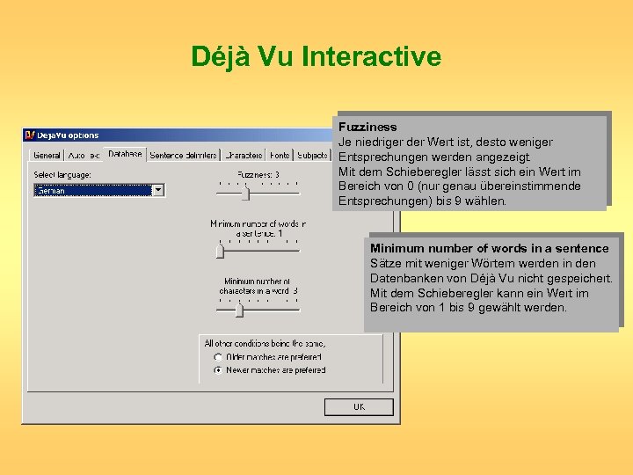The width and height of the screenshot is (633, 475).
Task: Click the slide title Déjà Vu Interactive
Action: coord(316,57)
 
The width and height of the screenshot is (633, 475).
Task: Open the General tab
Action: coord(47,156)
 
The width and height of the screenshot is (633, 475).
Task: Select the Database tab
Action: coord(125,154)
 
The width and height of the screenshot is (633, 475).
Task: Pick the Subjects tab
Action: coord(312,156)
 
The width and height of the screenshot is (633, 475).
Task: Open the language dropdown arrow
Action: coord(158,189)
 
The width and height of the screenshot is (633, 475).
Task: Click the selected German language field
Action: coord(92,189)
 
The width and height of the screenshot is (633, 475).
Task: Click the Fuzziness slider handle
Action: coord(246,194)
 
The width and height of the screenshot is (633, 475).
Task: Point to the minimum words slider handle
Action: coord(220,252)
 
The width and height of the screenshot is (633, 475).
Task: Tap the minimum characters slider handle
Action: coord(238,309)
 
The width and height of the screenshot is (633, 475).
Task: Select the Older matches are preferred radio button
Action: coord(218,357)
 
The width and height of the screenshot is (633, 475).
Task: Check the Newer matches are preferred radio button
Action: coord(218,370)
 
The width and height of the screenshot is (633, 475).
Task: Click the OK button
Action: coord(359,407)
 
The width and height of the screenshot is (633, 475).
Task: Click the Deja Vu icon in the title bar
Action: coord(29,135)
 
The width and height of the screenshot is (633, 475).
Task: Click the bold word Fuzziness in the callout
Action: coord(367,128)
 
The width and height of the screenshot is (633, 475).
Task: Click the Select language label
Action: coord(62,175)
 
